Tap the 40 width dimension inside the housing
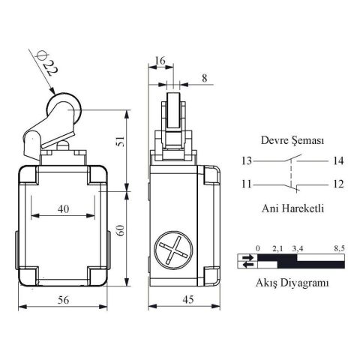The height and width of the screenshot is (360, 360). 63,209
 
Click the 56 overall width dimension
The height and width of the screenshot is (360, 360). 63,300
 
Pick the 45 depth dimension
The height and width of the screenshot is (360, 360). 184,300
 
